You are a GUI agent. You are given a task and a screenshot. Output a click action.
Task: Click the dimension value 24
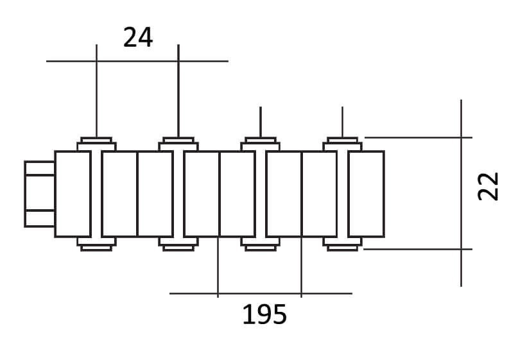pyautogui.click(x=138, y=38)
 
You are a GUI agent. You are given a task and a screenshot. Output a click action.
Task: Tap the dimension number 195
pyautogui.click(x=264, y=315)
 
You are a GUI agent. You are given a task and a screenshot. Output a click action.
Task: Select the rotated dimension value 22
pyautogui.click(x=490, y=186)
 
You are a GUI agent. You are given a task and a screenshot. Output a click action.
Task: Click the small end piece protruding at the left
pyautogui.click(x=39, y=194)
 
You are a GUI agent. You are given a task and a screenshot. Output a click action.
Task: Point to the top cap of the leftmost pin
pyautogui.click(x=96, y=141)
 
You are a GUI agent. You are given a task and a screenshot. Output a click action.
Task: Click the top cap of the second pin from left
pyautogui.click(x=178, y=141)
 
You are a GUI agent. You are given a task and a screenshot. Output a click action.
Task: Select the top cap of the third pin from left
pyautogui.click(x=260, y=141)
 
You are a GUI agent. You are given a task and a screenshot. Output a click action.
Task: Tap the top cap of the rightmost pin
pyautogui.click(x=342, y=141)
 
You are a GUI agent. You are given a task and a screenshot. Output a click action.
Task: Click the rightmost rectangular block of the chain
pyautogui.click(x=366, y=194)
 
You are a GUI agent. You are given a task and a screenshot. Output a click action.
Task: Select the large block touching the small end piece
pyautogui.click(x=72, y=194)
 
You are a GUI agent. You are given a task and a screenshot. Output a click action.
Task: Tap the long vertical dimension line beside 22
pyautogui.click(x=462, y=270)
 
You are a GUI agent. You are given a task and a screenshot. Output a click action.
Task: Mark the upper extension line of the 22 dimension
pyautogui.click(x=417, y=137)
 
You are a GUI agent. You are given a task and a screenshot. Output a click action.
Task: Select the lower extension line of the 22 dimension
pyautogui.click(x=417, y=249)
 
